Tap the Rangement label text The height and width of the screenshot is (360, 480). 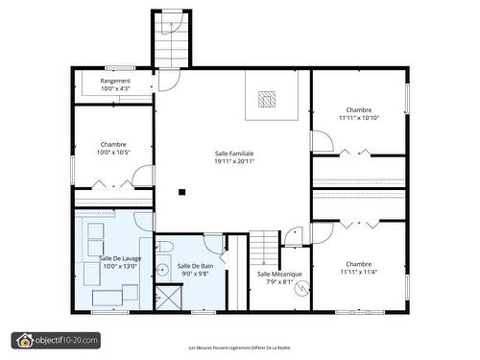(114, 81)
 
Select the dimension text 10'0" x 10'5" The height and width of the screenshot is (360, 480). (113, 152)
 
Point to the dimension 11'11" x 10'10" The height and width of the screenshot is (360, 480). (359, 118)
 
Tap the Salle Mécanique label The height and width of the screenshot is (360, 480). (279, 274)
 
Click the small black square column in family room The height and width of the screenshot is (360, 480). (181, 191)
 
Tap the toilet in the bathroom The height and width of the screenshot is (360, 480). (164, 249)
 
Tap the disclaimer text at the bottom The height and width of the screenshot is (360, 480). (239, 348)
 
